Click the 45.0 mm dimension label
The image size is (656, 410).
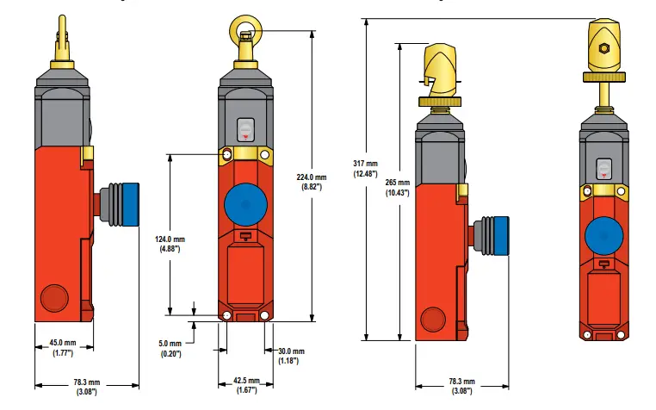(63, 342)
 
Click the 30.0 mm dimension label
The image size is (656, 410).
(290, 351)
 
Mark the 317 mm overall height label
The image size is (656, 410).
(365, 163)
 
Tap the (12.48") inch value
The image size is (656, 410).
(365, 174)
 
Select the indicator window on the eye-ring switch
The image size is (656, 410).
(244, 129)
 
